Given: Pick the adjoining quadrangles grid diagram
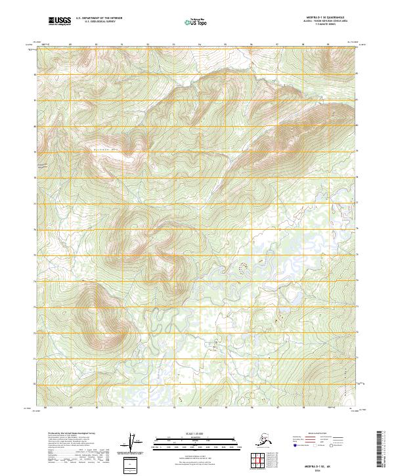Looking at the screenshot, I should (260, 460).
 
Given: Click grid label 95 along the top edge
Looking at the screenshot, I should (225, 45).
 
